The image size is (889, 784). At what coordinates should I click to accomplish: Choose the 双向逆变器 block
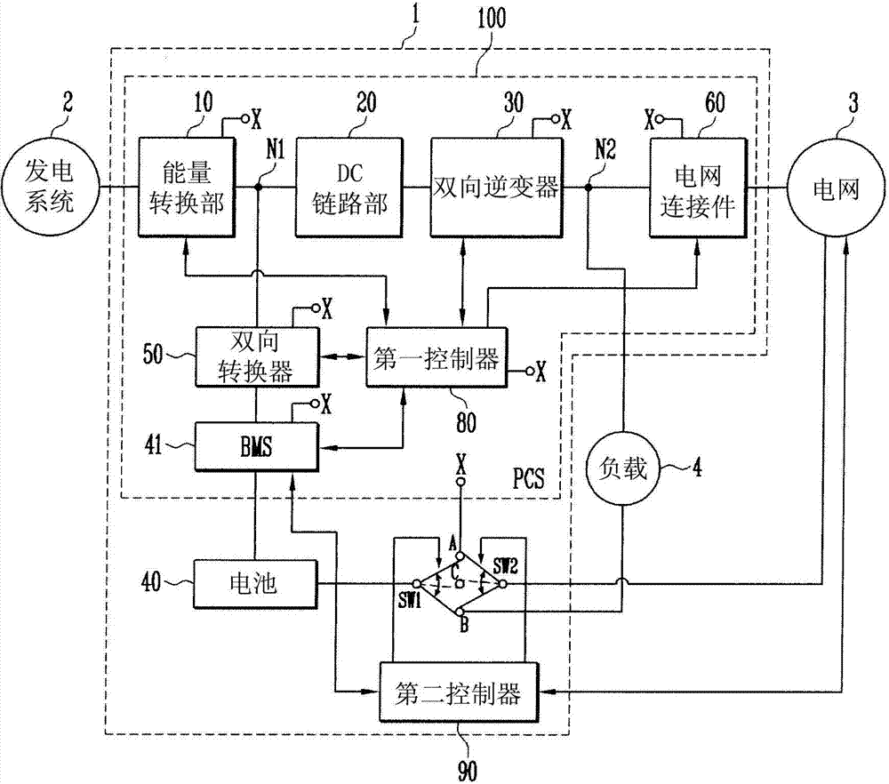tap(496, 188)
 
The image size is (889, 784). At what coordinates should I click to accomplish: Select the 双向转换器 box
tap(256, 356)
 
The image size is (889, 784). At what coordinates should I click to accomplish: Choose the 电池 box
tap(256, 584)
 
